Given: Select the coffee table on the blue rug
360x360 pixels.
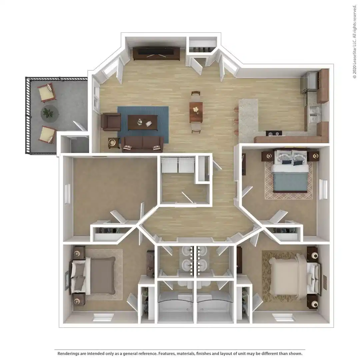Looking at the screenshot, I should [143, 122].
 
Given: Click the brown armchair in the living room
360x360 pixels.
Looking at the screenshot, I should [111, 121].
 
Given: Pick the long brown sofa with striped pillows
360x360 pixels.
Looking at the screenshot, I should [142, 144].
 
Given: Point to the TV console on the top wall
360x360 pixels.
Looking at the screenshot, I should [156, 53].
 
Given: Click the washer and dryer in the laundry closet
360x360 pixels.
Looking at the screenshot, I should [178, 165].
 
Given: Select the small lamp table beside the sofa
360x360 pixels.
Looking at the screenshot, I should [113, 143].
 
